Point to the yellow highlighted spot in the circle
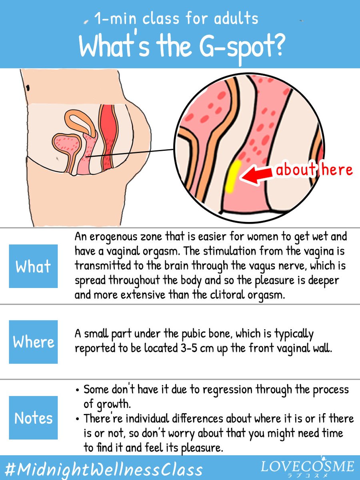click(232, 176)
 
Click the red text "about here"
click(314, 170)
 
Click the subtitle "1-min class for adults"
click(176, 18)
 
